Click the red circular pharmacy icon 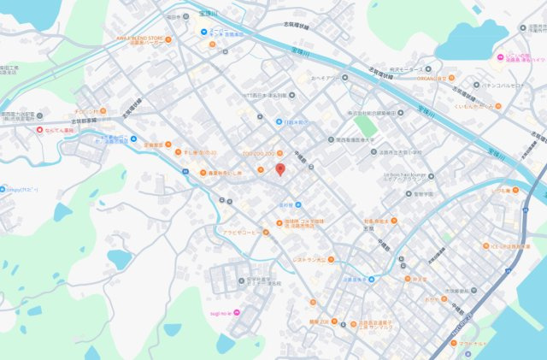pos(39,130)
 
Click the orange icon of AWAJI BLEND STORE pos(171,39)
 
